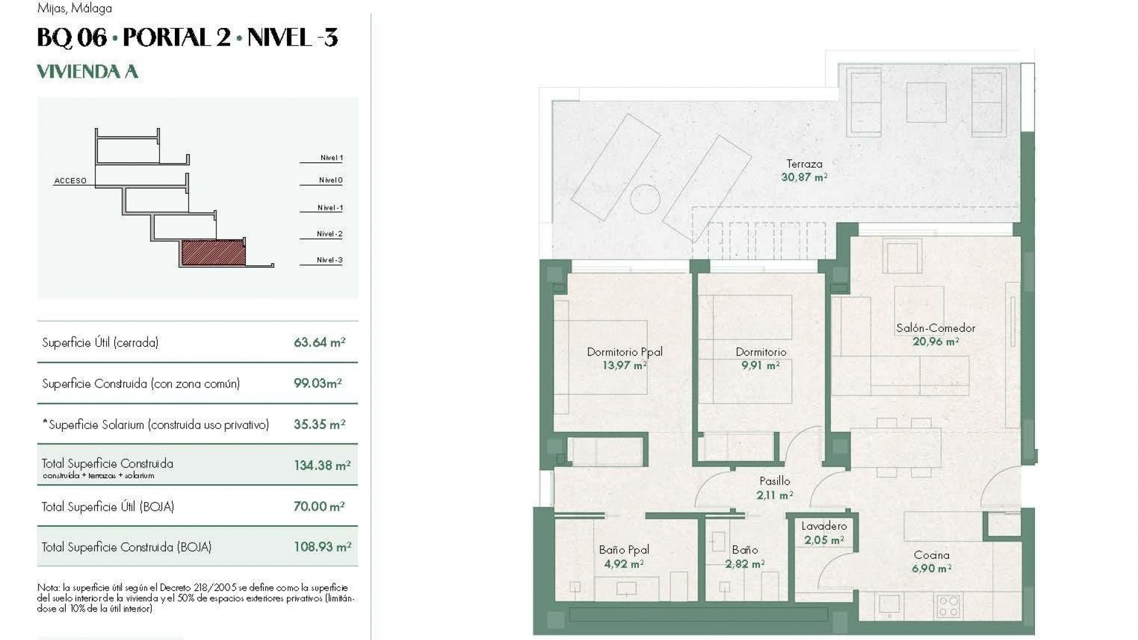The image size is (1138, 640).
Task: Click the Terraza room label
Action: [x=804, y=164]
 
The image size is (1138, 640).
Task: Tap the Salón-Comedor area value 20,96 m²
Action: [x=936, y=341]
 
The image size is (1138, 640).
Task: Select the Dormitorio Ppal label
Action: [x=625, y=352]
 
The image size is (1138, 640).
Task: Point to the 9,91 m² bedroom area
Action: [x=760, y=366]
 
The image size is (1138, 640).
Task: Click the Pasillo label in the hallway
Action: [x=775, y=481]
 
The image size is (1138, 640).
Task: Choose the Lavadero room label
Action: [x=824, y=526]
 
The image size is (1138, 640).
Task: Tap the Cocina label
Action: [x=932, y=555]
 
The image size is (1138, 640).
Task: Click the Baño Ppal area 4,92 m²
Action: [x=624, y=564]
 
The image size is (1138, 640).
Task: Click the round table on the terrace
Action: [x=645, y=199]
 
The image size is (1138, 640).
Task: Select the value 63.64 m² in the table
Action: [x=319, y=343]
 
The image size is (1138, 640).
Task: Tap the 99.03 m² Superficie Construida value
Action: [x=318, y=383]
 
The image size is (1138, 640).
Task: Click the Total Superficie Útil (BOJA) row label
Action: [x=108, y=507]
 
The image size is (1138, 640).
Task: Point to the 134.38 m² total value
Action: [x=322, y=466]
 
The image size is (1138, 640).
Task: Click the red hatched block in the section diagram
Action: [x=213, y=252]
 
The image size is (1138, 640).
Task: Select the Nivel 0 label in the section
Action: [x=331, y=180]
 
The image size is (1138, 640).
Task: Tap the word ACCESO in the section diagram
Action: [x=71, y=181]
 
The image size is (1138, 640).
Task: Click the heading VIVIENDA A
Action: [x=88, y=72]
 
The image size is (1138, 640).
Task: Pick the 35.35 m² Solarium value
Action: [x=319, y=425]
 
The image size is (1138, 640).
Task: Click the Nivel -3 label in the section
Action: [x=330, y=260]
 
